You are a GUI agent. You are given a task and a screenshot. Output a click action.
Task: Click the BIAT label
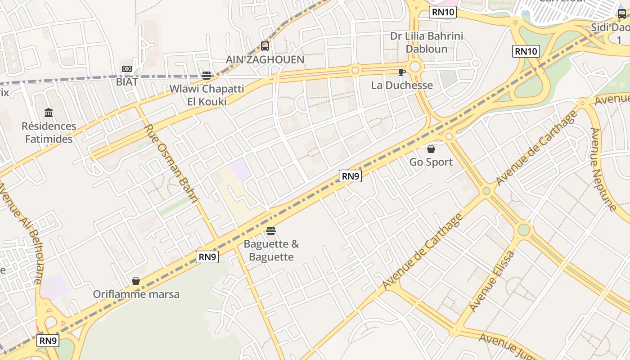point(126,82)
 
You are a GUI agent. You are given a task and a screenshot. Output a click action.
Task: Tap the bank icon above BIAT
point(126,69)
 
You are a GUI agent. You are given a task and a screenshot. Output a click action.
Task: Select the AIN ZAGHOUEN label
point(265,59)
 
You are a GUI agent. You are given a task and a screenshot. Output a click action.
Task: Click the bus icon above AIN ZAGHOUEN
point(265,46)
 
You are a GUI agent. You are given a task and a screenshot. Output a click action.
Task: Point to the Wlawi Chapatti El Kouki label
point(207,95)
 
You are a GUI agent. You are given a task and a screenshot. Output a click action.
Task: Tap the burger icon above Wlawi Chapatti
point(207,75)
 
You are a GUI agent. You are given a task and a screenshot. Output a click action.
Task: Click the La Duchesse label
point(402,85)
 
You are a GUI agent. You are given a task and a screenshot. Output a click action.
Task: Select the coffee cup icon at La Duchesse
point(402,72)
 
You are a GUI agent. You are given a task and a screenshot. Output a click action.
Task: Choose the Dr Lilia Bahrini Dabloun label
point(427,42)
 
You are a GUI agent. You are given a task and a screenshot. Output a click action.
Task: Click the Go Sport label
point(431,162)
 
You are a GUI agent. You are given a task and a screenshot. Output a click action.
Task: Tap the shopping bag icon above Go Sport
point(431,149)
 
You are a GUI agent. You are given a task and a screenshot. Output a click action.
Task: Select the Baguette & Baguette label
point(271,251)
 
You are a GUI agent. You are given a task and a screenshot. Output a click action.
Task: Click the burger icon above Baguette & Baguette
point(271,231)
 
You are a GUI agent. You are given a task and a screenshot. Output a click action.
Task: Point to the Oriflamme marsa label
point(136,294)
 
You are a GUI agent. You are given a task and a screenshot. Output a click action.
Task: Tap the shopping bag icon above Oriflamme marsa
point(136,281)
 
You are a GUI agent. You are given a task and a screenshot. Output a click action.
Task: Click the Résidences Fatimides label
point(49,133)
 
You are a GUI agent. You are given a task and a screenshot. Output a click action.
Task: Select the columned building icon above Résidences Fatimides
point(49,112)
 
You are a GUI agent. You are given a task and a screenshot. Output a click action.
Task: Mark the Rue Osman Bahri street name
point(171,164)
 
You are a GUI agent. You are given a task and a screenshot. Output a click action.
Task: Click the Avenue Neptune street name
point(603,170)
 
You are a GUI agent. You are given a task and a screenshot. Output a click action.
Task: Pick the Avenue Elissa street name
point(491,281)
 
